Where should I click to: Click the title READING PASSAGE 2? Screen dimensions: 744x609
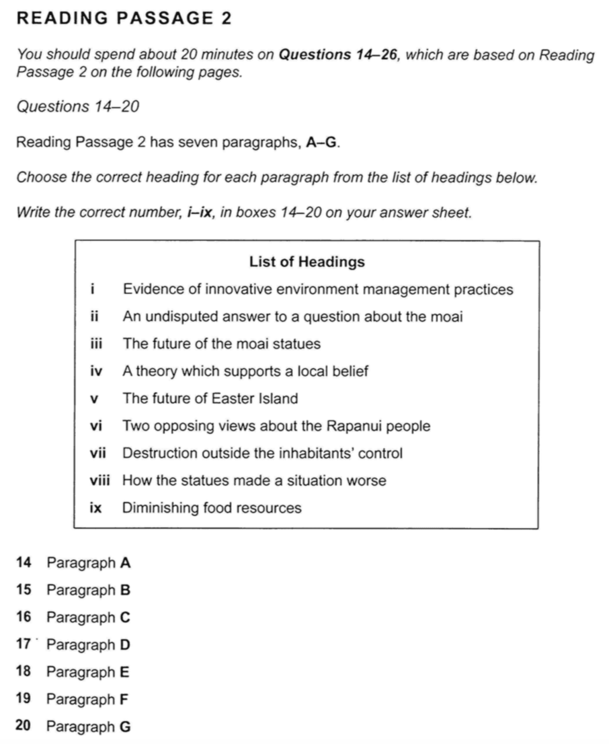point(124,20)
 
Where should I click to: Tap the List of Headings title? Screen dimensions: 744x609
point(307,262)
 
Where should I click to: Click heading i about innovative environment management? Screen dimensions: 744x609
point(318,290)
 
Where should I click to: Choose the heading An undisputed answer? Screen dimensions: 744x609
point(293,317)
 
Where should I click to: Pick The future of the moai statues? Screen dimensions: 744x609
point(222,344)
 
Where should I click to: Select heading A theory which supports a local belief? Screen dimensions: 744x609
point(246,371)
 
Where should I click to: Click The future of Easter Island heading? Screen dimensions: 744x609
point(210,399)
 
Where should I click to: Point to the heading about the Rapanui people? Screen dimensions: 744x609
point(277,426)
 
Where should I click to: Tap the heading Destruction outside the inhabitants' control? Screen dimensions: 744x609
point(263,453)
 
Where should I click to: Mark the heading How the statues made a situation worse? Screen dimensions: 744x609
point(255,481)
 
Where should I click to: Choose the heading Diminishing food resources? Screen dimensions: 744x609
point(212,509)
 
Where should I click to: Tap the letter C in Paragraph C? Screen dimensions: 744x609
point(124,618)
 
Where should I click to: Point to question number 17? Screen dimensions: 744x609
point(23,645)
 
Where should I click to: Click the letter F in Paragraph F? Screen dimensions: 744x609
point(124,700)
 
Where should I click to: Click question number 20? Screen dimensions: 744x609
point(23,727)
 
